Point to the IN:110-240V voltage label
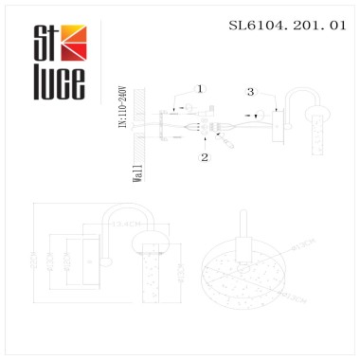pyautogui.click(x=121, y=114)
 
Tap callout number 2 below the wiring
pyautogui.click(x=204, y=157)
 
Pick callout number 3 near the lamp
pyautogui.click(x=249, y=92)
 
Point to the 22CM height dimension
pyautogui.click(x=30, y=261)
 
